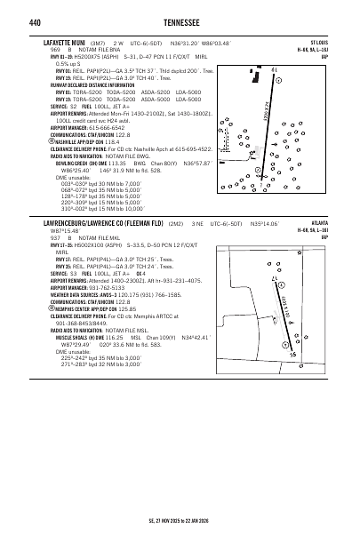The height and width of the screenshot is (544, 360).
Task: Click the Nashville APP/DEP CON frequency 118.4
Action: pyautogui.click(x=112, y=141)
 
